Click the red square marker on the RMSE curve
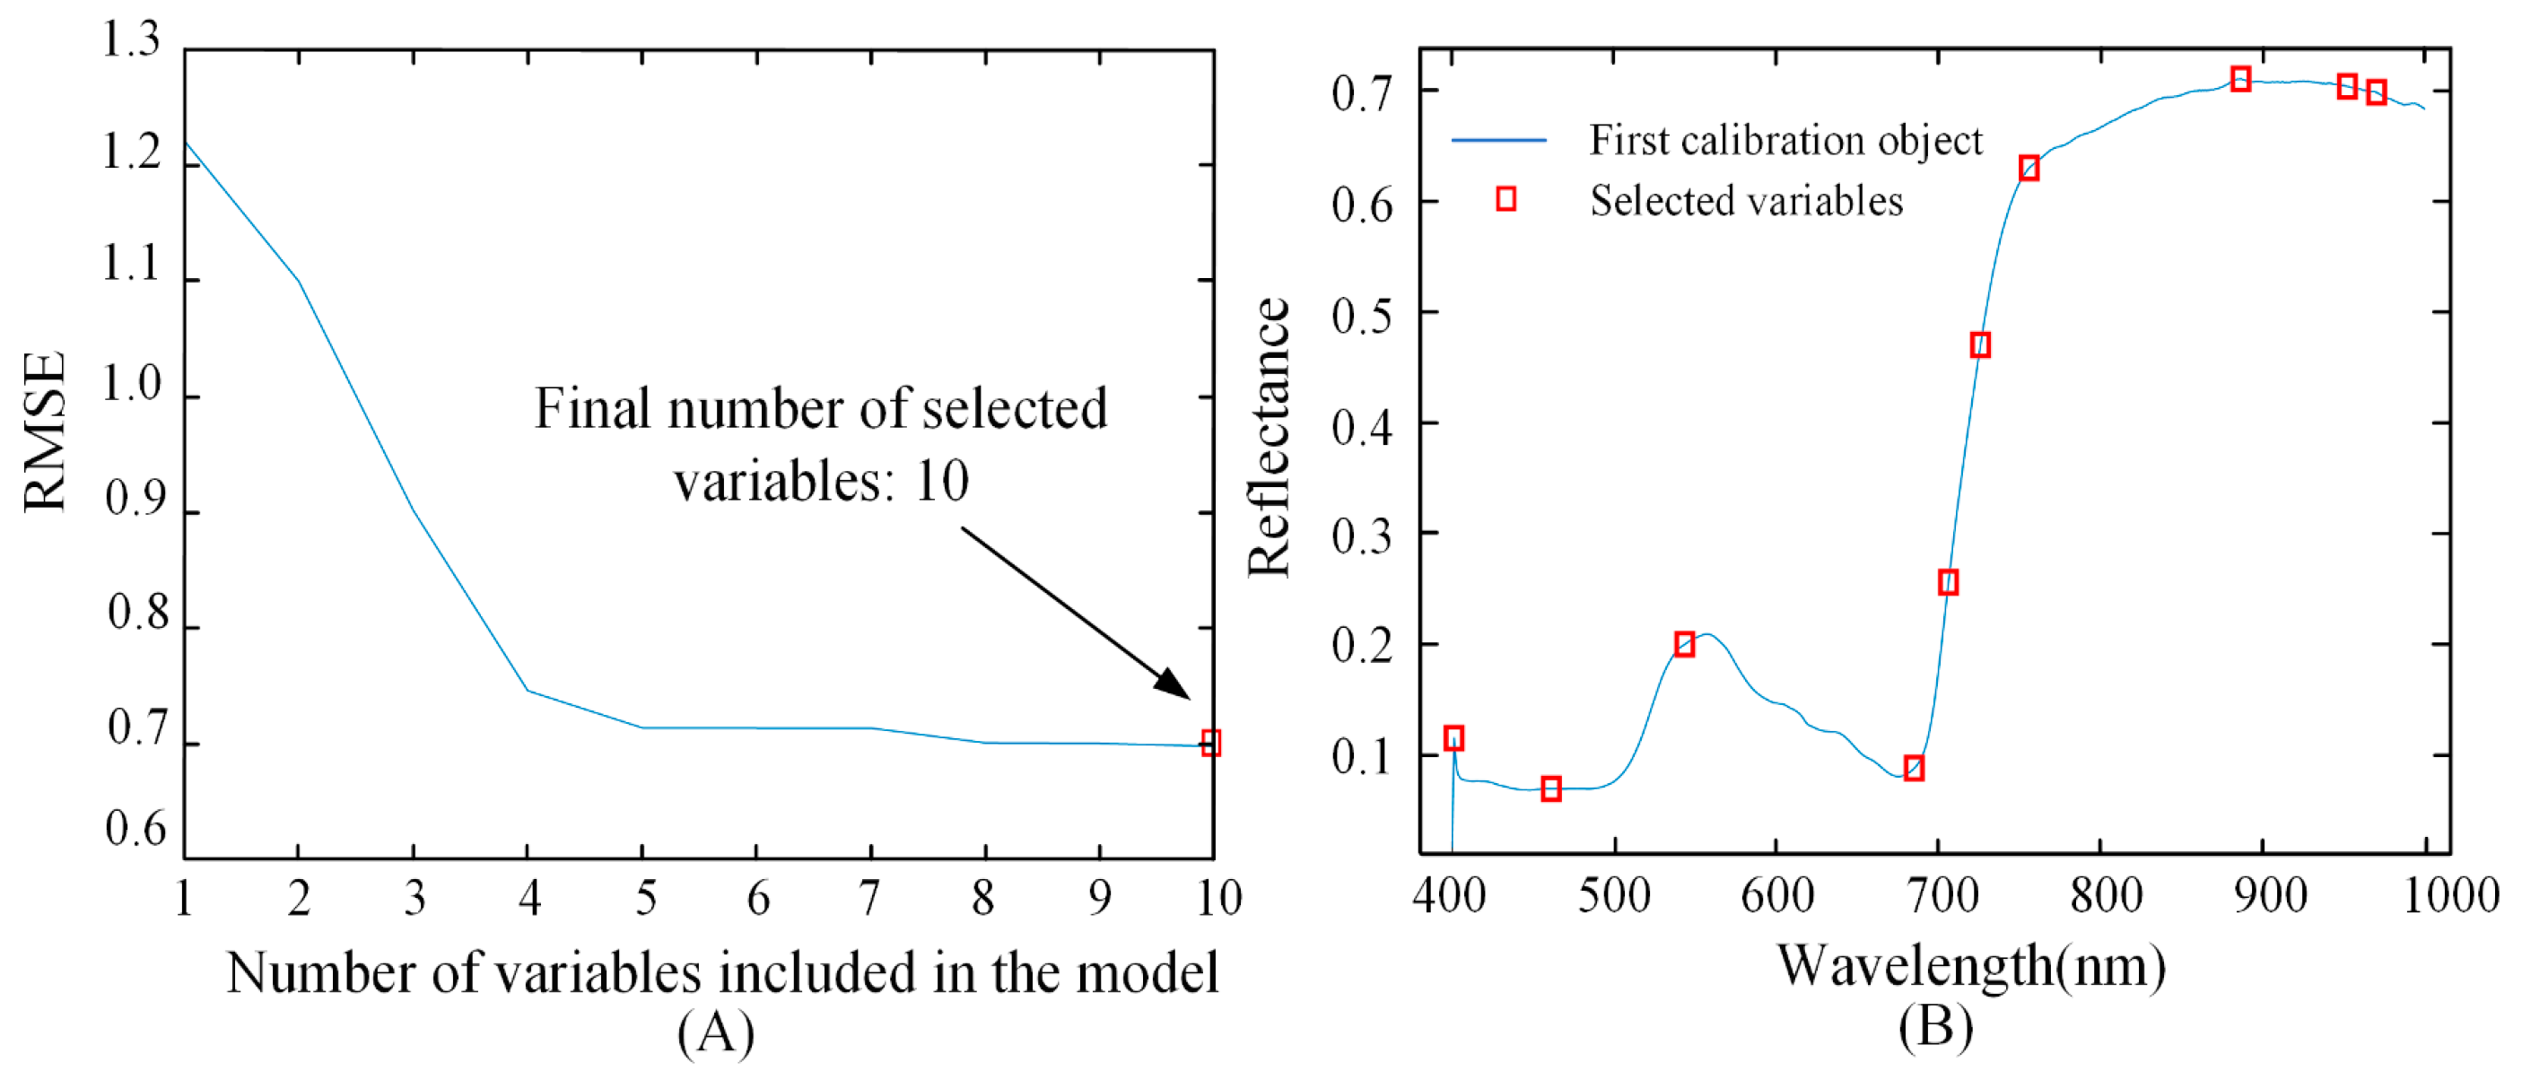1210,742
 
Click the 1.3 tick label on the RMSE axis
131,41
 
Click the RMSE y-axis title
45,431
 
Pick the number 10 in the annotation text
942,481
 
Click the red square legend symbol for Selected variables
1505,200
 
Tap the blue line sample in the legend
1498,141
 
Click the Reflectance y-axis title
1270,438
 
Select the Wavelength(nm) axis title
1971,967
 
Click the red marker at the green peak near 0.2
1684,644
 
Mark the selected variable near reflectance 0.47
1979,344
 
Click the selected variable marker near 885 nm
2240,79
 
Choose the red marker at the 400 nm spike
1453,738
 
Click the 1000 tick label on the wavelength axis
2450,896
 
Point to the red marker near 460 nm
1551,789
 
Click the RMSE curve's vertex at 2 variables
299,282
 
